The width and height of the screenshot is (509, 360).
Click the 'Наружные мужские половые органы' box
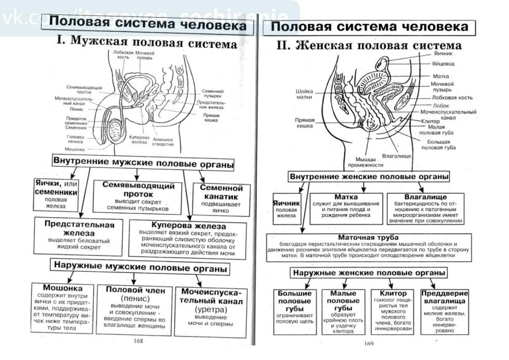140,269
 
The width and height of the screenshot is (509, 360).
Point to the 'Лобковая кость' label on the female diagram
452,98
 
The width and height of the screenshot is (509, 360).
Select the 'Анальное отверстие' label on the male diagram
163,141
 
